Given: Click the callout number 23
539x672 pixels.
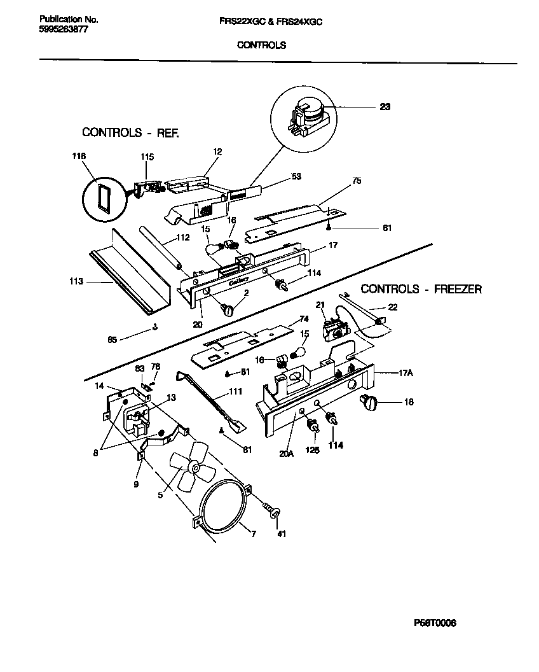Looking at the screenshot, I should pos(385,106).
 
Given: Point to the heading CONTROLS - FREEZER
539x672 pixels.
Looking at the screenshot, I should pos(421,290).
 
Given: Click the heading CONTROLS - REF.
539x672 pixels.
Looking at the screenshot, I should pos(131,133).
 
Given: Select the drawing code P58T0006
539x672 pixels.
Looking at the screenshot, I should pos(435,623).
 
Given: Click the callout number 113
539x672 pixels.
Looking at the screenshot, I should pos(77,281).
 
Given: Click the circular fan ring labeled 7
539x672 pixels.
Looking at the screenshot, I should pos(222,505).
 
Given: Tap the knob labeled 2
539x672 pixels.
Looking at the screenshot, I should pos(227,309).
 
